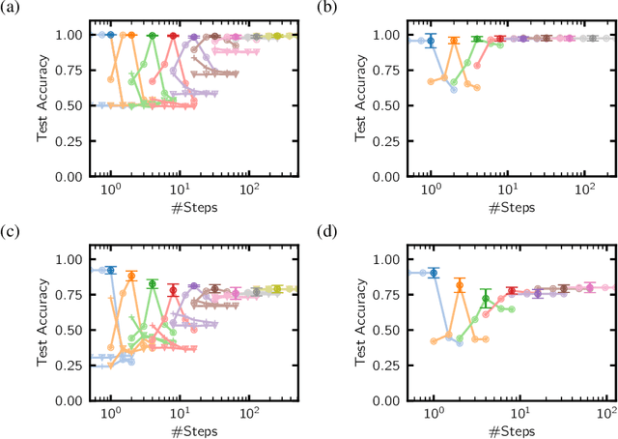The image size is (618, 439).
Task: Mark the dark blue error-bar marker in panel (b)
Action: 432,41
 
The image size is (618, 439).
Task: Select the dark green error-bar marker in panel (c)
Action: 152,284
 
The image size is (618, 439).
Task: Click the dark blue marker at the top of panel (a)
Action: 110,35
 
